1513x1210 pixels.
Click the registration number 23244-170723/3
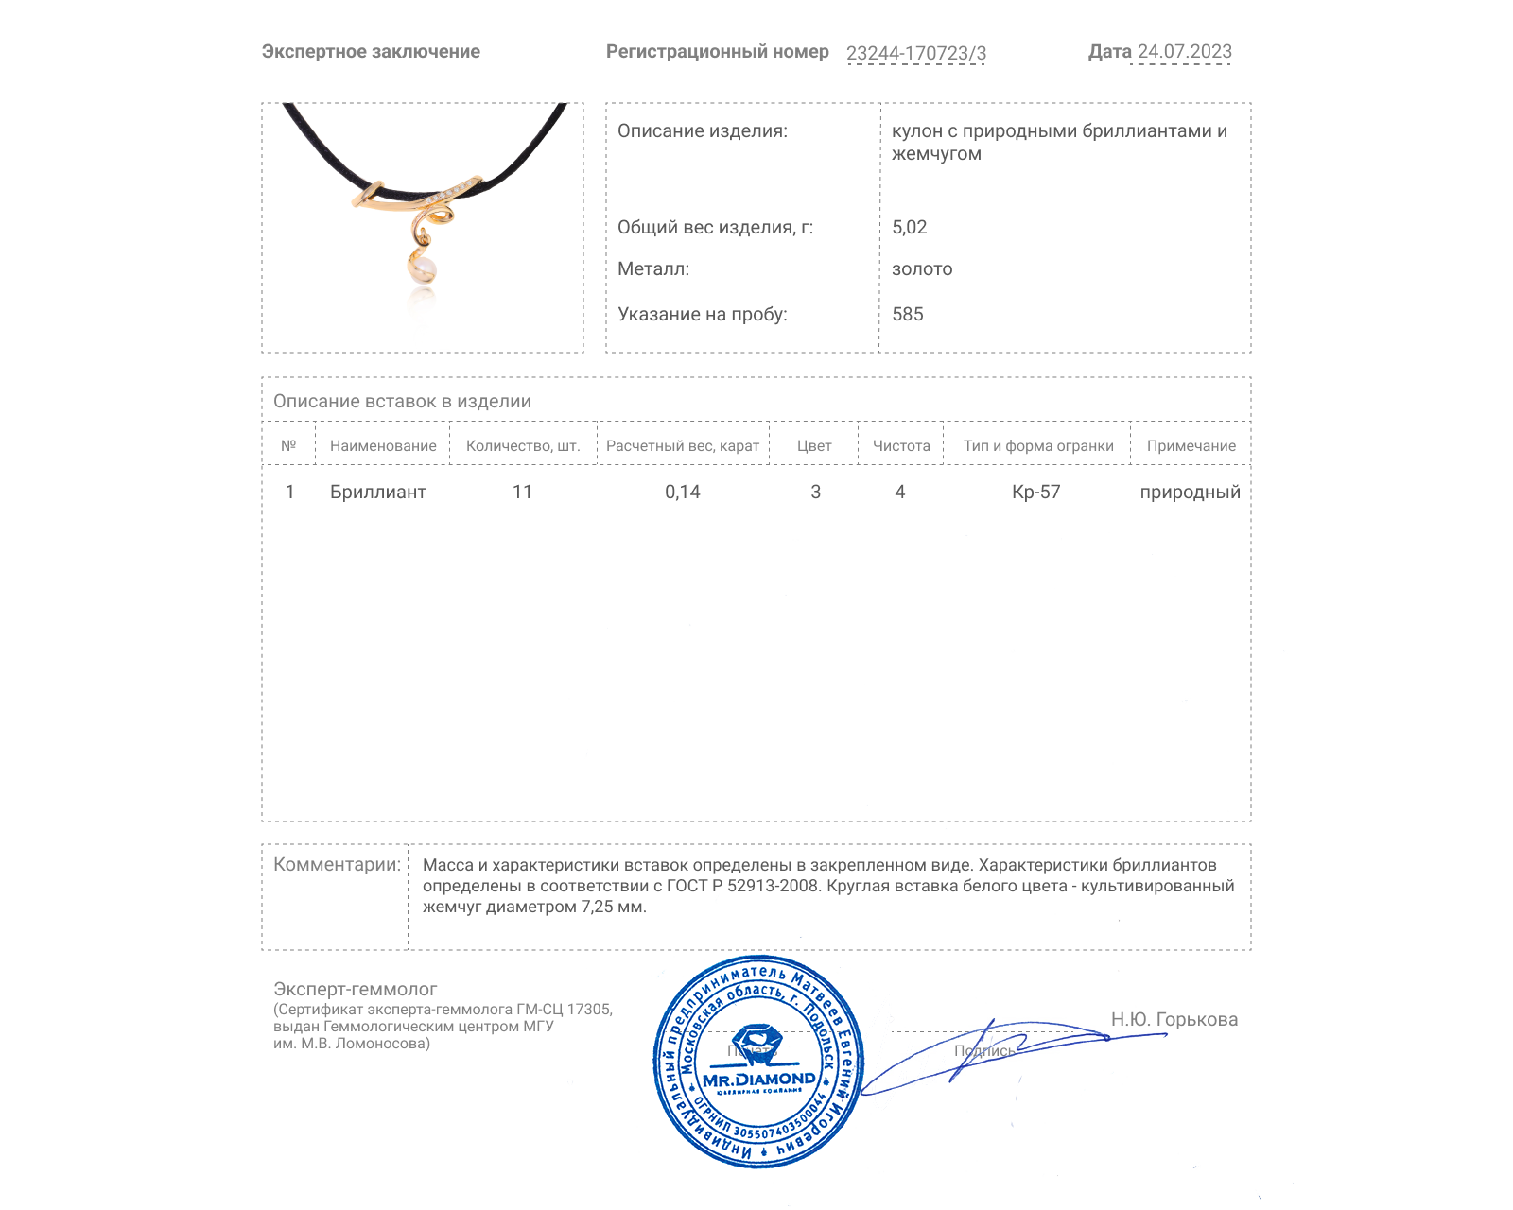pos(915,53)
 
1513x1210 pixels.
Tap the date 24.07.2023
pos(1184,52)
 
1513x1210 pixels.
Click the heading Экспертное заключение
pos(371,52)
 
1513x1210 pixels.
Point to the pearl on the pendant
pos(422,269)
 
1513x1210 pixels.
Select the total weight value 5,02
pos(909,227)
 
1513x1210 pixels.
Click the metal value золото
pos(922,269)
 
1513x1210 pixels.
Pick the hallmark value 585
pos(907,314)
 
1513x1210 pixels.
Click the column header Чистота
pos(900,446)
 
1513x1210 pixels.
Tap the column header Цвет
pos(814,446)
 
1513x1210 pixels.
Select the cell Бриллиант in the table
pos(377,492)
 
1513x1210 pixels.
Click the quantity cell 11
pos(522,492)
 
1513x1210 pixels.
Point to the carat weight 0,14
pos(682,492)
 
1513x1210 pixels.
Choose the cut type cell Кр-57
pos(1035,492)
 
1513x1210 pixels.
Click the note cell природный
pos(1190,492)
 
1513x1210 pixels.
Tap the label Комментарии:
pos(337,864)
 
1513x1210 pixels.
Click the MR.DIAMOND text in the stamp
pos(758,1080)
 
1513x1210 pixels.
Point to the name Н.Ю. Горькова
pos(1174,1019)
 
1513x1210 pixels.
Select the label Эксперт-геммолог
pos(355,989)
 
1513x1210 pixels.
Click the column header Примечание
pos(1191,446)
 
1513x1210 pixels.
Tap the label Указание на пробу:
pos(702,314)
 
